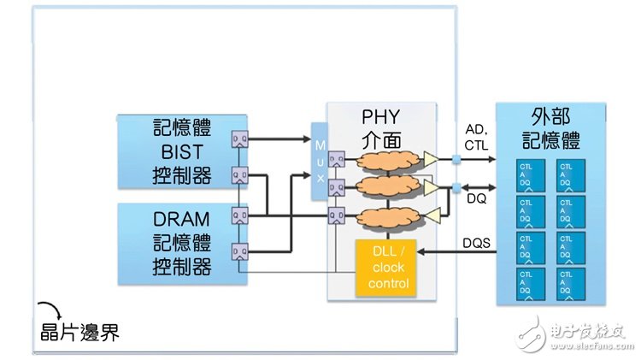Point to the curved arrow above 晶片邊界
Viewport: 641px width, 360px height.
pos(49,308)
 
